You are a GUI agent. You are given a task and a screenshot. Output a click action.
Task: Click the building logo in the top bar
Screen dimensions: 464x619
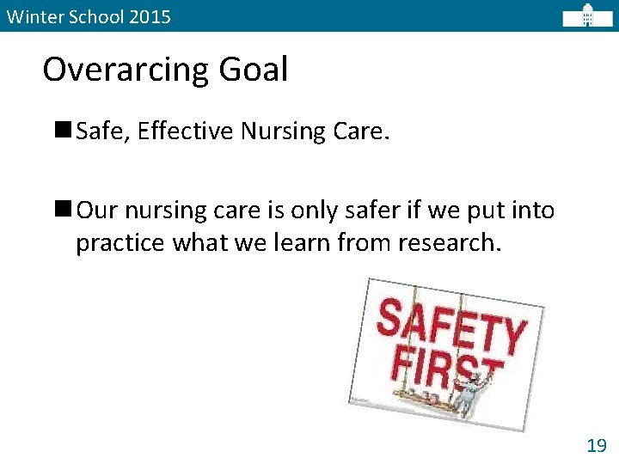coord(588,15)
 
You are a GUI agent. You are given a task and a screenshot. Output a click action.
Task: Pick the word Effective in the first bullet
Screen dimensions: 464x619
coord(185,131)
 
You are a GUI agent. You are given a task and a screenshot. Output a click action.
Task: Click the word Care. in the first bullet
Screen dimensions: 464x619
coord(362,131)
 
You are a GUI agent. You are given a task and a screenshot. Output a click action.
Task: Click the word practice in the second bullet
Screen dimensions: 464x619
coord(120,243)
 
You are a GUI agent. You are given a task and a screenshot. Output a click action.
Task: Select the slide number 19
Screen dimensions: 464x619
coord(596,444)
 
